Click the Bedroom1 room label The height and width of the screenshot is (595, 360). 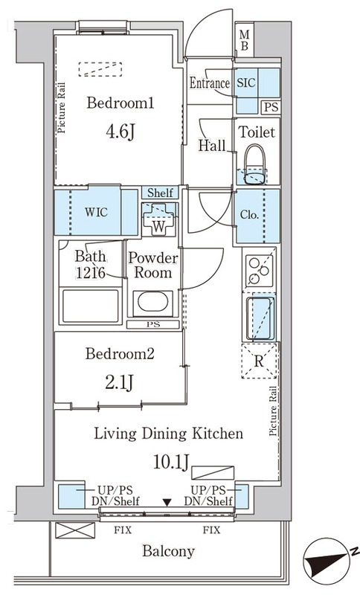click(120, 103)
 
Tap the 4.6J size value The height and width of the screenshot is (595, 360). click(120, 132)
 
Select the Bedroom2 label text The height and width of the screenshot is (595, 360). click(120, 354)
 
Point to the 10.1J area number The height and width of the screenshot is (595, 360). click(171, 462)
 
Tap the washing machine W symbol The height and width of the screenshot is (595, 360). click(159, 219)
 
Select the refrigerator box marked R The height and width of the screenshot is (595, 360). click(260, 361)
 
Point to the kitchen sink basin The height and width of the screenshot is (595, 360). click(260, 318)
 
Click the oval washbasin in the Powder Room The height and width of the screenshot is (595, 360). click(153, 303)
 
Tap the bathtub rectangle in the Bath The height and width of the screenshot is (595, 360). click(90, 306)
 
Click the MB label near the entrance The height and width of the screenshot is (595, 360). click(245, 41)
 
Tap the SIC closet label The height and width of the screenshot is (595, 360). click(246, 83)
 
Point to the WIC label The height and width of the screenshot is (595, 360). click(96, 212)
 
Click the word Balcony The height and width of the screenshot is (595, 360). click(168, 551)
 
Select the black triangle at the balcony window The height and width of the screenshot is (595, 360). click(167, 503)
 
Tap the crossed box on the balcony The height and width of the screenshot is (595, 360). click(75, 530)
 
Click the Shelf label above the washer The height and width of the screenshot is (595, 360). click(160, 193)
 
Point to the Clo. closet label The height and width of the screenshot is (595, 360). click(249, 215)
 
